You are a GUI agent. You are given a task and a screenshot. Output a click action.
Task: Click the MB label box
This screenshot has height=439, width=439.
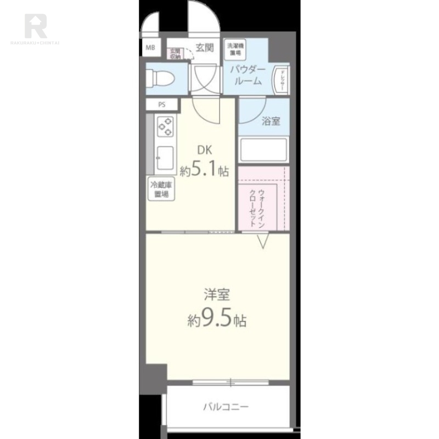point(150,47)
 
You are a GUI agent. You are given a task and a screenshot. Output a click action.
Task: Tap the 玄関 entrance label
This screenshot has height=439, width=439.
point(204,48)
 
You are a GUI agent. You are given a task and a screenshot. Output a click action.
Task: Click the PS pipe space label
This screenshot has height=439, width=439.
point(161,105)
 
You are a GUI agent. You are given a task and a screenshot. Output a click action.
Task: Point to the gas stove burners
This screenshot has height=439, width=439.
point(166,127)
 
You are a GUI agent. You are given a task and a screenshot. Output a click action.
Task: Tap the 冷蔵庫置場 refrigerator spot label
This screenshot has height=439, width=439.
point(160,189)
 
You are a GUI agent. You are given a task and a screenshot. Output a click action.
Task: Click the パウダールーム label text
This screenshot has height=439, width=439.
point(247,75)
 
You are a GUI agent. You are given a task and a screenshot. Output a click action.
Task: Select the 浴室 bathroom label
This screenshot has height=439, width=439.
point(271,121)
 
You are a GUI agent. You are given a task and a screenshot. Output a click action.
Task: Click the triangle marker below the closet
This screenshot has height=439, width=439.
point(262,240)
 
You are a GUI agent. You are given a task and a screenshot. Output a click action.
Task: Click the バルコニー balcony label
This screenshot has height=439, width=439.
point(226,407)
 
